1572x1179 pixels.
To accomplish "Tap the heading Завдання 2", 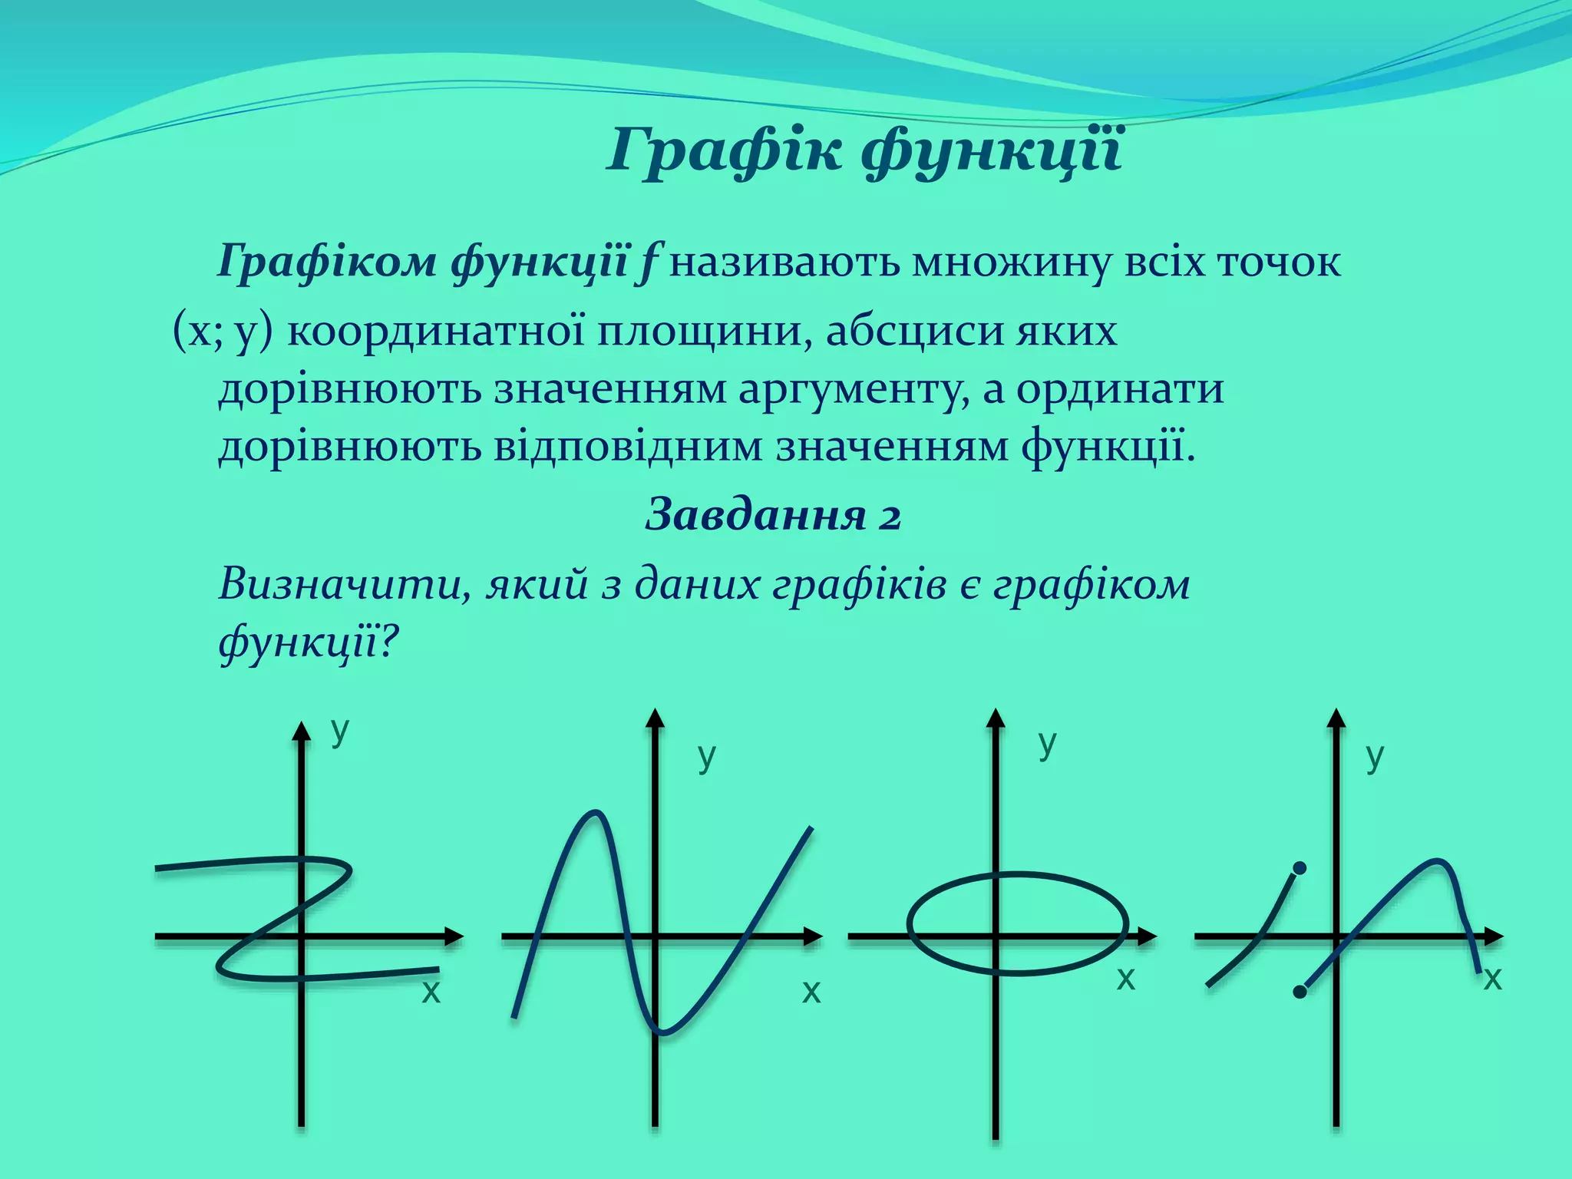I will point(773,514).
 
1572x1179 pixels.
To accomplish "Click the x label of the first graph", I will point(431,992).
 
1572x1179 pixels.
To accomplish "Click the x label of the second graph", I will point(811,992).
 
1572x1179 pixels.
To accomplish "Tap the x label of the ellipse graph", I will point(1125,979).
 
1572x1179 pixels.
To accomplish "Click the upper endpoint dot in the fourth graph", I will point(1300,868).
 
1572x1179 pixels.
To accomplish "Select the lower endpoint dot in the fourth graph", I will point(1300,992).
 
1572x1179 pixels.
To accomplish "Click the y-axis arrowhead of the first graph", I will point(302,731).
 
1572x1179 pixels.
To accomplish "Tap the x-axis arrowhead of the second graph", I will point(814,936).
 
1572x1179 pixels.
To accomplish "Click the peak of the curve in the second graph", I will point(593,812).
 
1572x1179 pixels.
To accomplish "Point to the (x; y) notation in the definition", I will point(223,332).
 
